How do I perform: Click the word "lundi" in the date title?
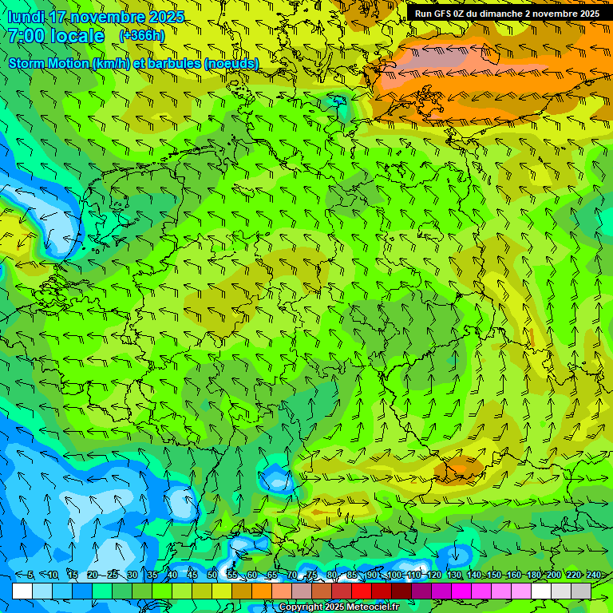24,17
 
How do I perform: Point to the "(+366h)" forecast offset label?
141,35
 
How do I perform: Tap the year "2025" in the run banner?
587,14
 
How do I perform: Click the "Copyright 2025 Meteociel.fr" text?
338,607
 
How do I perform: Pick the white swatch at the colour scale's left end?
22,591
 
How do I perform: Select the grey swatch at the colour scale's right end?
581,591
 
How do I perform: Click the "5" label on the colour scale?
30,575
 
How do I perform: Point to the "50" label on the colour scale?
212,575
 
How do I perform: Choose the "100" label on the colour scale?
394,575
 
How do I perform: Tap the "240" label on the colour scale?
594,575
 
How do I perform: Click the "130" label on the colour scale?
454,575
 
